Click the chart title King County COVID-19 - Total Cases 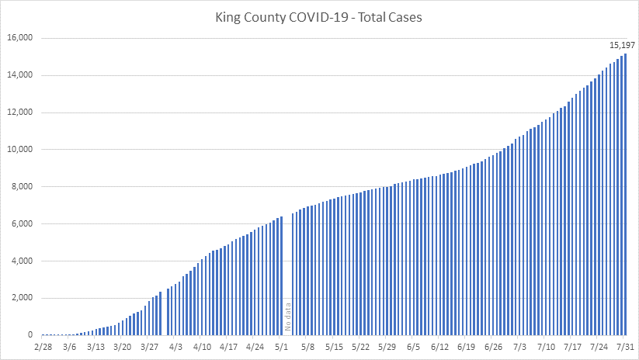click(318, 17)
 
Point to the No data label click(288, 317)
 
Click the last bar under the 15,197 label click(625, 194)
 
